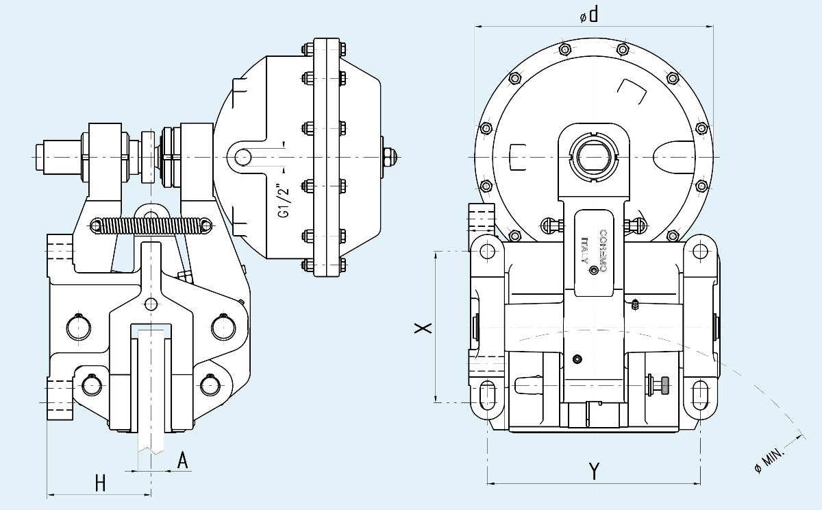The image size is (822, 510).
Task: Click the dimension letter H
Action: point(100,483)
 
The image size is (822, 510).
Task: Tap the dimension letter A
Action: point(182,461)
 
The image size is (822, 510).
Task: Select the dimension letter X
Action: point(425,328)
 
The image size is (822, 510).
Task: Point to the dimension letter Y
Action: point(594,472)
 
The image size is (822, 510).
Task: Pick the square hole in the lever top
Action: point(593,157)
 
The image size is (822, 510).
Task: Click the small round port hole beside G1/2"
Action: point(242,157)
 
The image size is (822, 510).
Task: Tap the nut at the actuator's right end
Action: point(387,157)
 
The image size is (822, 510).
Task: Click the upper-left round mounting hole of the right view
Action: point(488,252)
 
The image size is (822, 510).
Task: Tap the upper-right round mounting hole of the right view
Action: point(700,252)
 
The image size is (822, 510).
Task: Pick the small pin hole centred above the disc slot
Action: point(151,303)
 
